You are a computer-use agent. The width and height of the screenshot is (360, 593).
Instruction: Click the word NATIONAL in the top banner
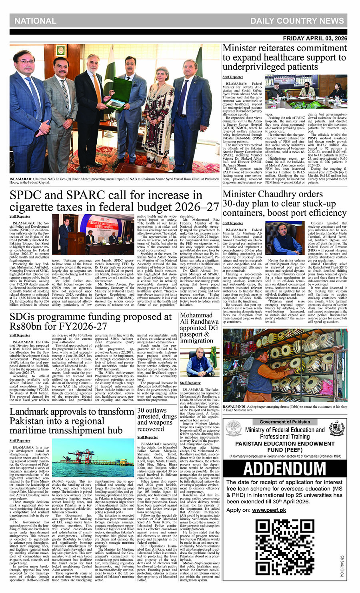36,21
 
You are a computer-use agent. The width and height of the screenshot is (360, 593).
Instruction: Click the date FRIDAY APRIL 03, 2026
315,38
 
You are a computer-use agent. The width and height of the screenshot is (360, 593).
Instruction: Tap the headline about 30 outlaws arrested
156,419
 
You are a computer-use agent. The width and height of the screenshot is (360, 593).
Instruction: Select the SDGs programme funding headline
91,321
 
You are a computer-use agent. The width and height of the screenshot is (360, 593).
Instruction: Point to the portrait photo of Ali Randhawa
199,362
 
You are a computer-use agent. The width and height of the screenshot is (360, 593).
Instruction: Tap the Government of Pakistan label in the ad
284,422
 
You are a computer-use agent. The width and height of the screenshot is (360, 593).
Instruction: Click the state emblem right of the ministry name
337,429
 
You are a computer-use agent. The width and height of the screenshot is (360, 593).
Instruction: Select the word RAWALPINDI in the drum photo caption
234,407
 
